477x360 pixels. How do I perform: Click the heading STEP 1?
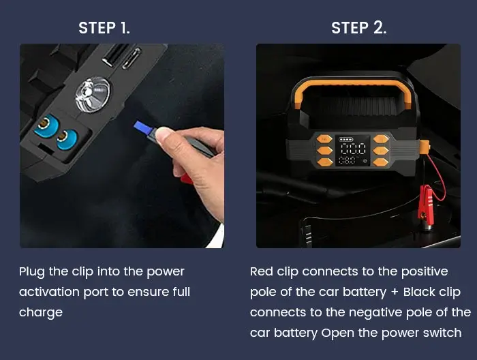tap(104, 28)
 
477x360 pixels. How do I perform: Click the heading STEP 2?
tap(358, 28)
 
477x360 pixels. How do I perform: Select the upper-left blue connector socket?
tap(46, 126)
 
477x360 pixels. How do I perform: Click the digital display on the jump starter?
tap(354, 153)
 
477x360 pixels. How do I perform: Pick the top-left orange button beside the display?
tap(324, 137)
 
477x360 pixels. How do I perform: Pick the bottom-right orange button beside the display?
tap(384, 162)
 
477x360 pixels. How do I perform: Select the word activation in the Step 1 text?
tap(47, 292)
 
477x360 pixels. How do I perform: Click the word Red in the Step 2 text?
tap(262, 271)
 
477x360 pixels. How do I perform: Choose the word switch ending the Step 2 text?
tap(444, 333)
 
